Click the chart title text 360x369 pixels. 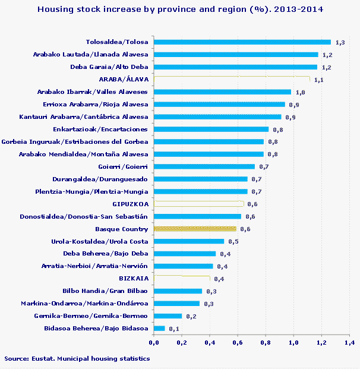[180, 10]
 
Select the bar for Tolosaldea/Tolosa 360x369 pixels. [242, 42]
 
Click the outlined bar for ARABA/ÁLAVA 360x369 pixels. [232, 80]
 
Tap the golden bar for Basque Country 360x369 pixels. [195, 229]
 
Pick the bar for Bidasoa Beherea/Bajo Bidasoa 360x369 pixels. [159, 328]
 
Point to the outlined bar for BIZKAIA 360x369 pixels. [182, 279]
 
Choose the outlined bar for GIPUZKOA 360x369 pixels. [198, 204]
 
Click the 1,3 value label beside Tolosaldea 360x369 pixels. [340, 43]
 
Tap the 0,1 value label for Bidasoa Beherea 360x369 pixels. [173, 329]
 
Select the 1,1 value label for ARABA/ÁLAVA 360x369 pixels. [318, 80]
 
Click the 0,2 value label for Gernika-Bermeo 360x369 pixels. [190, 316]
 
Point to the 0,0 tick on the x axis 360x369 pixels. [154, 343]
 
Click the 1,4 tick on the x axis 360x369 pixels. [349, 343]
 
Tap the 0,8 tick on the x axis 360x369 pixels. [266, 343]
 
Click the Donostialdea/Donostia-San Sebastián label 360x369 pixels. [83, 216]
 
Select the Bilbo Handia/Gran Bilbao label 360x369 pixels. [105, 291]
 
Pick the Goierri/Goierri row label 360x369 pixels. [122, 167]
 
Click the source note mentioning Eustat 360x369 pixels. [77, 359]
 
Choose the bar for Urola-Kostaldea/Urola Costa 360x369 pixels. [189, 241]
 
